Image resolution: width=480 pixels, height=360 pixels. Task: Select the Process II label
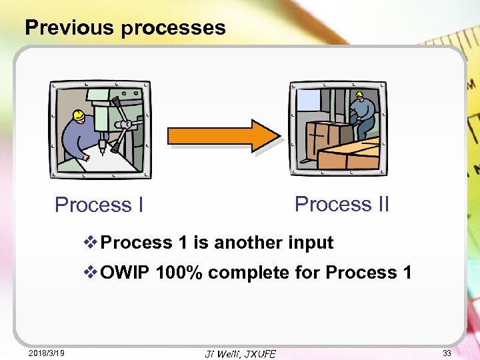[341, 204]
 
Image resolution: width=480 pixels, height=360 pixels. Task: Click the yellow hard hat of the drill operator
[78, 115]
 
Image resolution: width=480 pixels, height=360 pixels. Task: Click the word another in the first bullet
[248, 243]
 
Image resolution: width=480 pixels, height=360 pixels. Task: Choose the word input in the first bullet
[311, 243]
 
